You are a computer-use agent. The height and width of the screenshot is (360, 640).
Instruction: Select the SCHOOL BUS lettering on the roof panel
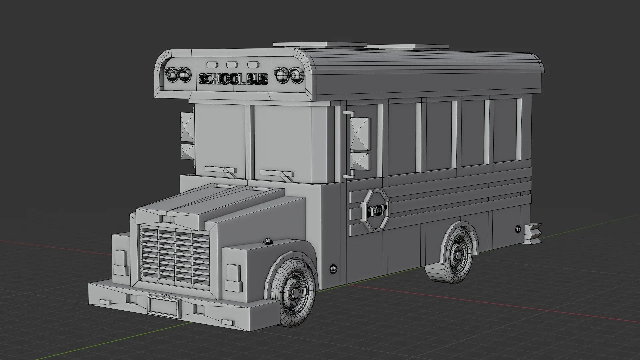click(x=233, y=79)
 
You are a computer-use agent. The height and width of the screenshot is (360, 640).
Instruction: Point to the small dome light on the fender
click(x=268, y=241)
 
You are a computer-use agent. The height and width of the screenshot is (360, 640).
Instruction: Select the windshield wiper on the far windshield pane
click(x=221, y=170)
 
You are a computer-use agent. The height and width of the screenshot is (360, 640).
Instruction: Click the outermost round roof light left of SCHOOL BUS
click(x=171, y=75)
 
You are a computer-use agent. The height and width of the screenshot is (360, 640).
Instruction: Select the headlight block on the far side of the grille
click(x=120, y=262)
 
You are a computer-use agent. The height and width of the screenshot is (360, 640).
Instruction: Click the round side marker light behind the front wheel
click(x=333, y=268)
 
